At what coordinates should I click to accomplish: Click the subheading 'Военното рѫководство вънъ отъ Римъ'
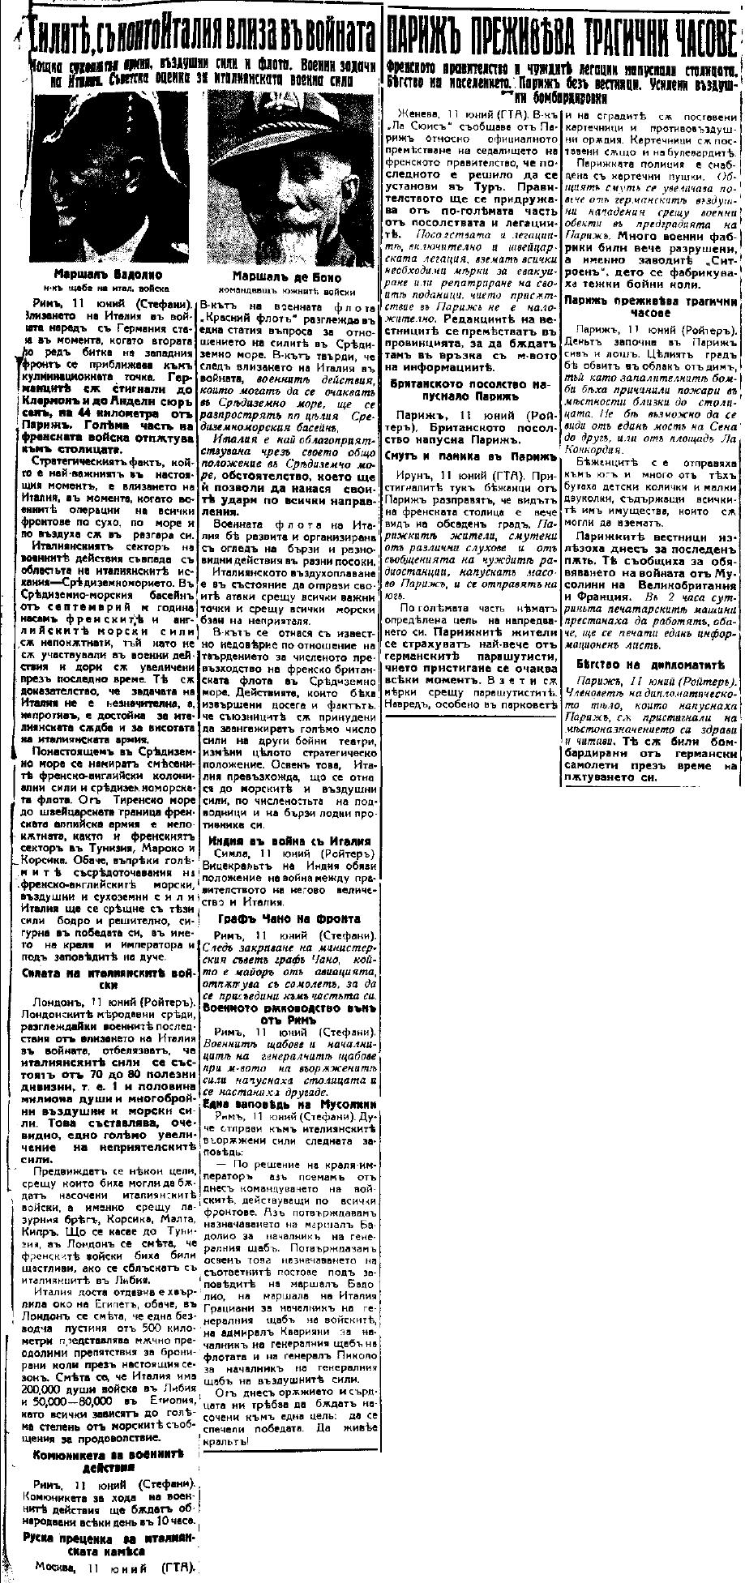289,1012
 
